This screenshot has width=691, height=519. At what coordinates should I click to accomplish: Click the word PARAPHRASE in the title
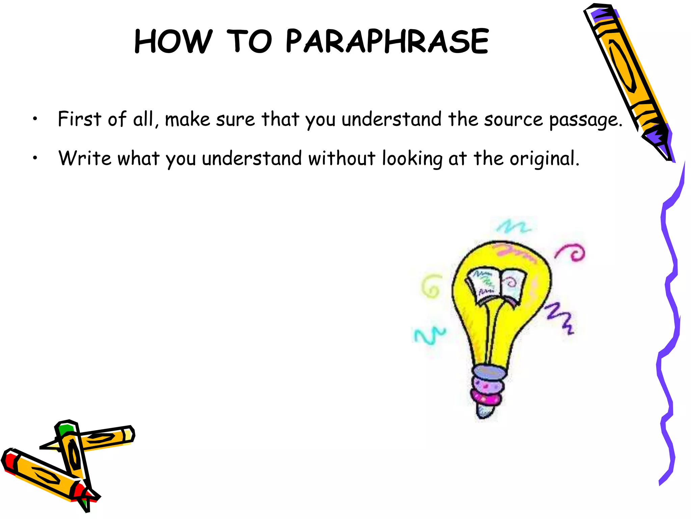[387, 41]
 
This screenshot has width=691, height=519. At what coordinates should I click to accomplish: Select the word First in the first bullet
[79, 119]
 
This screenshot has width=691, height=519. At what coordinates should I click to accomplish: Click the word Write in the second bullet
[85, 158]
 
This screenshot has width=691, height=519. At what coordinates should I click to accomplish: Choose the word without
[341, 158]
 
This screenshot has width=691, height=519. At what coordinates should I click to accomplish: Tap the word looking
[412, 159]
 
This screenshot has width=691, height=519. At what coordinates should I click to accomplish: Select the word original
[544, 159]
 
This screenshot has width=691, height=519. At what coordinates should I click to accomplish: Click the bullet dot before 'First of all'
[35, 119]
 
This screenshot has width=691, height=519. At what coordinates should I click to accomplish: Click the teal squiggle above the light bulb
[514, 226]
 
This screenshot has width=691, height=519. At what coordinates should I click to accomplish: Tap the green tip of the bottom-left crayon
[65, 430]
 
